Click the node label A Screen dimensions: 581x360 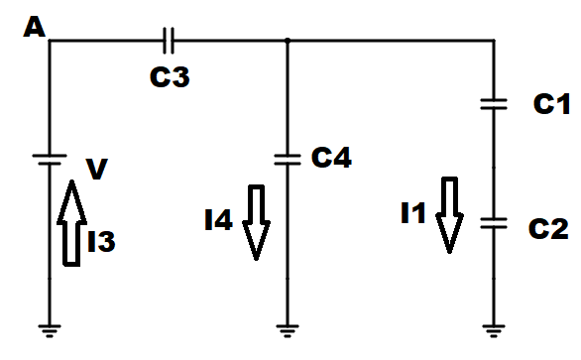tap(34, 27)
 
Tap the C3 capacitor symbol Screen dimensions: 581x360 tap(169, 41)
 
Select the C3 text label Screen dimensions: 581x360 tap(170, 77)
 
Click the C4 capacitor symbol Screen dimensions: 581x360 tap(288, 160)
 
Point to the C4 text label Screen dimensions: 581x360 tap(331, 158)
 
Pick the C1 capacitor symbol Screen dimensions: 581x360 tap(494, 104)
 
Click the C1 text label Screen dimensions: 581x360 tap(551, 103)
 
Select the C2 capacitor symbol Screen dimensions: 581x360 tap(494, 223)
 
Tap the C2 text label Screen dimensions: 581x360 tap(548, 228)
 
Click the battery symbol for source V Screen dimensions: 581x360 tap(50, 160)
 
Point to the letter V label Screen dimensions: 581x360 tap(97, 169)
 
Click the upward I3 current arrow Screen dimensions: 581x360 tap(72, 223)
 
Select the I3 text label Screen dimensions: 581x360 tap(101, 241)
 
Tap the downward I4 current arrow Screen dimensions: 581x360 tap(256, 222)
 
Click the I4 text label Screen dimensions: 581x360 tap(218, 220)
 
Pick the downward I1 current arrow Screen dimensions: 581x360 tap(449, 215)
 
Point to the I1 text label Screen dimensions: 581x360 tap(413, 213)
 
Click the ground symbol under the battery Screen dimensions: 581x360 tap(50, 331)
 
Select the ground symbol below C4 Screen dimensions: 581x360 tap(288, 331)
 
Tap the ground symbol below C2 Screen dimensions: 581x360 tap(494, 331)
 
